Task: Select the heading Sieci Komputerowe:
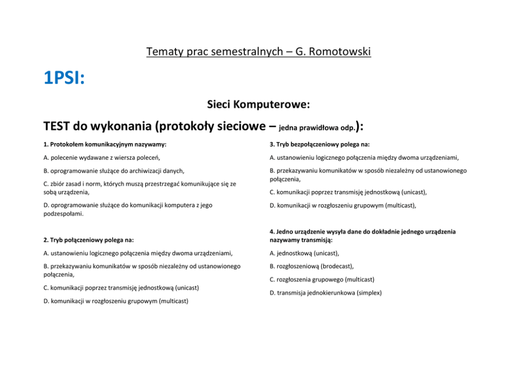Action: coord(258,104)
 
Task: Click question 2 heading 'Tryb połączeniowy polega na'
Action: coord(88,240)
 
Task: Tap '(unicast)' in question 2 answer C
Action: coord(187,288)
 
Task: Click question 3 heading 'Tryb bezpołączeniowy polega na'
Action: coord(320,144)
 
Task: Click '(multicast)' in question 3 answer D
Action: coord(400,206)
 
